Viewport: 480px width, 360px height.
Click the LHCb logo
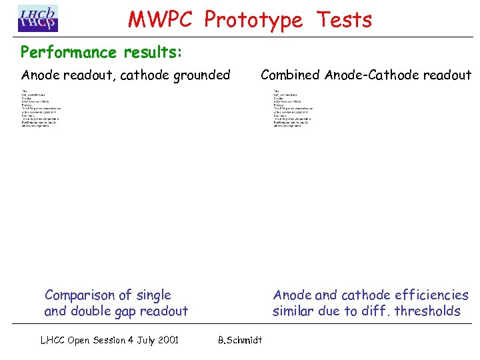(38, 19)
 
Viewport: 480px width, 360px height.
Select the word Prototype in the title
(253, 20)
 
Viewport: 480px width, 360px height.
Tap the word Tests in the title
(344, 20)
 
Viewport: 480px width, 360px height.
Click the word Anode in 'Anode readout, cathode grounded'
(40, 75)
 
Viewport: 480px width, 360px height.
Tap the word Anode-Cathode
(375, 75)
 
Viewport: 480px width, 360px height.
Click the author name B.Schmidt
(240, 340)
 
